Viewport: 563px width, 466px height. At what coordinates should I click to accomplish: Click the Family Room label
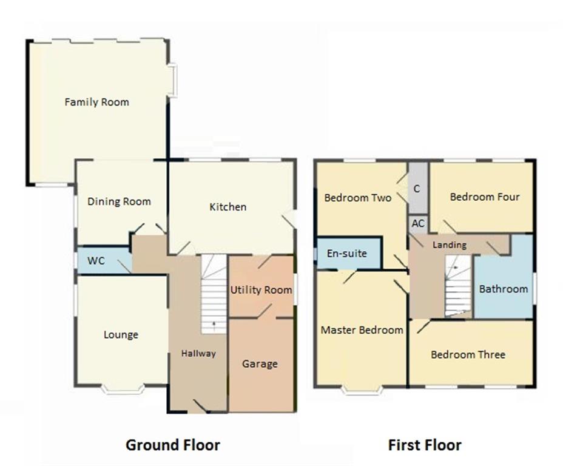[x=97, y=103]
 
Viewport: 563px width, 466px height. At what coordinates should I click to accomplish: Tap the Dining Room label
[x=119, y=201]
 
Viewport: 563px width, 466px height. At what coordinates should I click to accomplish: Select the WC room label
[x=96, y=261]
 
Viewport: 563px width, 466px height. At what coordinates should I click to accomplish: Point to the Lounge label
[x=121, y=335]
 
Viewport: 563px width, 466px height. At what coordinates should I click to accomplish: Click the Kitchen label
[x=228, y=207]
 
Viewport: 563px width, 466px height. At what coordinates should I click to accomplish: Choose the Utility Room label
[x=261, y=290]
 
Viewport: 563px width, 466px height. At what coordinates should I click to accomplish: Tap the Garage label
[x=260, y=364]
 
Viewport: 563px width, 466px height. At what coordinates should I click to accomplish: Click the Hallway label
[x=198, y=354]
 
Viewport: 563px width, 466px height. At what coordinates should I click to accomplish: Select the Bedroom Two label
[x=357, y=198]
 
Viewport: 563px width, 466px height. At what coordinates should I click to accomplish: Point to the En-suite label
[x=347, y=254]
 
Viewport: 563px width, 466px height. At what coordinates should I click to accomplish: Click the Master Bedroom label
[x=362, y=330]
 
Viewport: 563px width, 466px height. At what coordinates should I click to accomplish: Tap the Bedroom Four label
[x=485, y=197]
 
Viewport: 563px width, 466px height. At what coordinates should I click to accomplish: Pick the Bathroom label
[x=504, y=289]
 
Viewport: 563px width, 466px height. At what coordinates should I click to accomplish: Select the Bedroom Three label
[x=468, y=355]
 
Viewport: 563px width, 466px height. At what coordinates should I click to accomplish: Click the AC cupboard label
[x=418, y=224]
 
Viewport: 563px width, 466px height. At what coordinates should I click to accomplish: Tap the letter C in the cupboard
[x=417, y=189]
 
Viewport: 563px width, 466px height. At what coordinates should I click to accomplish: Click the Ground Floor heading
[x=173, y=445]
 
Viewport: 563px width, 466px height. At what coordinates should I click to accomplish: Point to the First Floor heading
[x=425, y=445]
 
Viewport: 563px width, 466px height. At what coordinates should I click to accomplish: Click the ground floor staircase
[x=214, y=294]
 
